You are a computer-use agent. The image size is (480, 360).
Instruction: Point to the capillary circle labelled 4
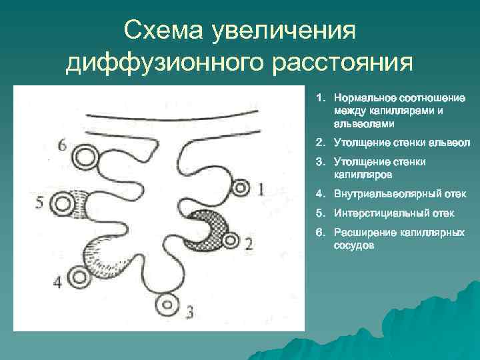click(79, 277)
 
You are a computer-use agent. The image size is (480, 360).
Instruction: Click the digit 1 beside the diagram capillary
click(260, 189)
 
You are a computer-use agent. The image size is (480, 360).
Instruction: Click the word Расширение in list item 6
click(361, 233)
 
